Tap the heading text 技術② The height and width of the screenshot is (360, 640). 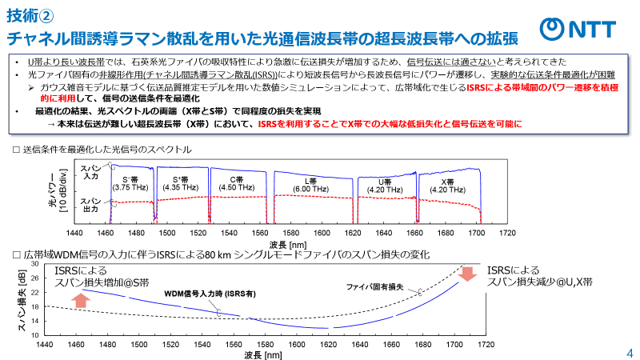30,14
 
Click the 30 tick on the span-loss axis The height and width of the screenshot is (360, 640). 35,265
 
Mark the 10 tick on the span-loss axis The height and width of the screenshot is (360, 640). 35,330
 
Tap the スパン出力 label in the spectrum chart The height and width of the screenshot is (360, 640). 89,205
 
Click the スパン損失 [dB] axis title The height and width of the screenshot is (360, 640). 22,298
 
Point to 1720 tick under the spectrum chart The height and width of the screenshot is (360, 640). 506,233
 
